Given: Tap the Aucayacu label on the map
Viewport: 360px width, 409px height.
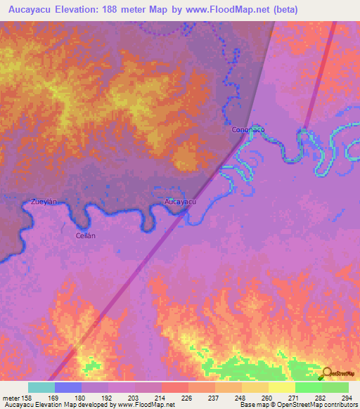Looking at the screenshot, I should click(179, 202).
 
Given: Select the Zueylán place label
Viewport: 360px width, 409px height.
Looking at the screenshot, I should click(43, 202).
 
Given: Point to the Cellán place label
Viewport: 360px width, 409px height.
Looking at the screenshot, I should click(85, 236).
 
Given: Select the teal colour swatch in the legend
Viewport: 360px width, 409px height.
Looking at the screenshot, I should click(41, 387).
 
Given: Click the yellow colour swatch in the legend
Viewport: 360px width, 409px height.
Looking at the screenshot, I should click(281, 387).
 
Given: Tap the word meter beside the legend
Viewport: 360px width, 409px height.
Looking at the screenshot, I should click(11, 398).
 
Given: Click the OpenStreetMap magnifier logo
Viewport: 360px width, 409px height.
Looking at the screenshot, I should click(326, 373).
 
